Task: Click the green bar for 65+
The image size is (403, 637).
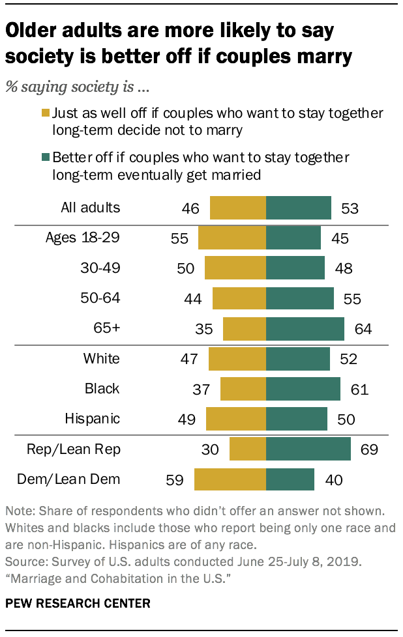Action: coord(305,328)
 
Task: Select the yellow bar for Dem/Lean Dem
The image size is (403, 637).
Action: coord(230,480)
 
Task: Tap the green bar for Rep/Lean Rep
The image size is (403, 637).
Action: coord(308,449)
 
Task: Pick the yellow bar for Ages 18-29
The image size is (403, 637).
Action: coord(232,238)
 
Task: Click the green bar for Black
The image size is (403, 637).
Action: coord(303,389)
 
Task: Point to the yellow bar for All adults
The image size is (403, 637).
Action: coord(238,208)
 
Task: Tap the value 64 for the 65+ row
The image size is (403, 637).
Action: coord(363,328)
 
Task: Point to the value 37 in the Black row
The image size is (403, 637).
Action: coord(201,389)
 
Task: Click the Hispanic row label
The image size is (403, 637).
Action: coord(93,418)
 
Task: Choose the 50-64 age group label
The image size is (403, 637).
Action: coord(98,298)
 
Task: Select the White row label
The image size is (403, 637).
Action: coord(101,358)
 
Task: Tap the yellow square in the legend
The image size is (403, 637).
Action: coord(46,113)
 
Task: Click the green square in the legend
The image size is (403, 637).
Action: coord(46,158)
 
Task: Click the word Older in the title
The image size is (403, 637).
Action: coord(32,30)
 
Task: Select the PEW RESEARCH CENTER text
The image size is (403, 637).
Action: coord(78,603)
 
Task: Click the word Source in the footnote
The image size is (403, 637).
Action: coord(22,560)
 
